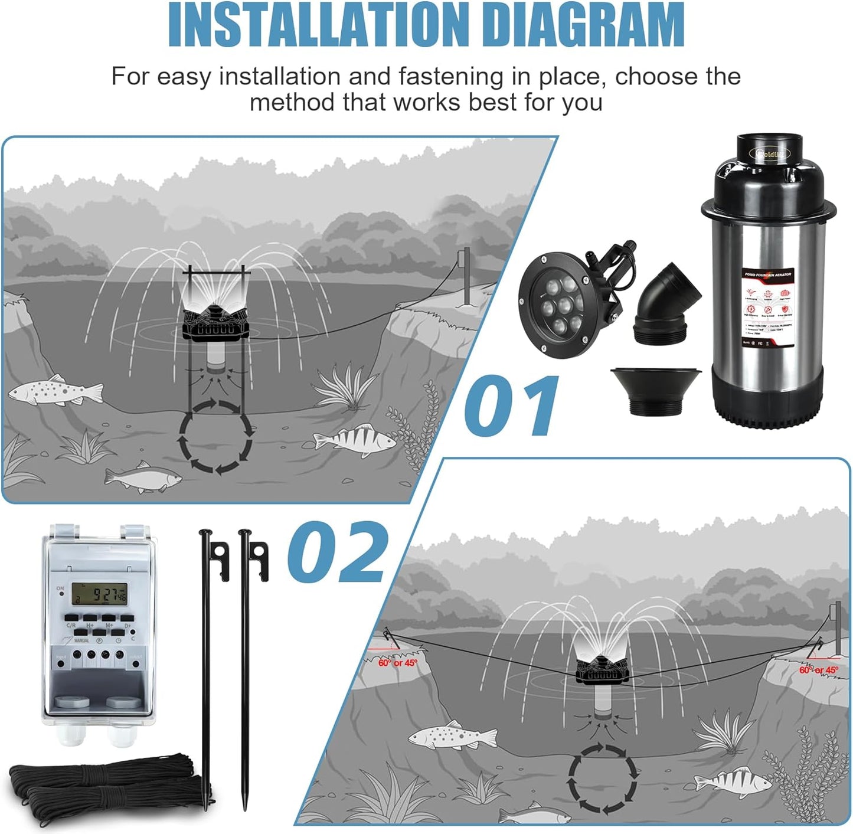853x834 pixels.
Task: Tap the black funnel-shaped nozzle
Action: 655,390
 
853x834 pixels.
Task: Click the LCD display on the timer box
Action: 99,594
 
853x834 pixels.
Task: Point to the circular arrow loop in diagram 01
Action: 215,437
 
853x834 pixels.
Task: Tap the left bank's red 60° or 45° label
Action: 397,663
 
